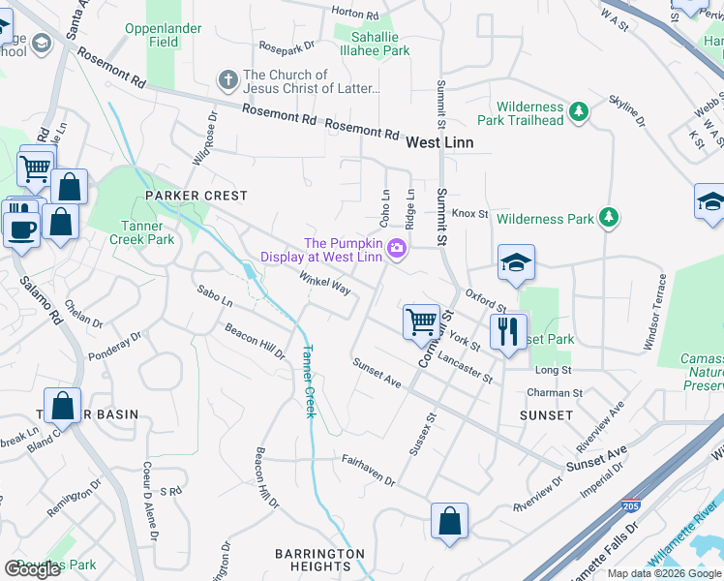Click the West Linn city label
(445, 141)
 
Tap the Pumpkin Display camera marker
(397, 251)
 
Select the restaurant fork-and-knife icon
(507, 331)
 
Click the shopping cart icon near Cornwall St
(421, 320)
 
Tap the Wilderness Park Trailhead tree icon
(579, 112)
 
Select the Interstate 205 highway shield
(628, 506)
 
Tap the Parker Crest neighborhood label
(196, 196)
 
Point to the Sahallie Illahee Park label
(373, 44)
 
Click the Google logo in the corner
(32, 568)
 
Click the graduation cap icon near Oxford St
(516, 261)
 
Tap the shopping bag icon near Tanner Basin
(62, 407)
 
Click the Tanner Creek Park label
(141, 232)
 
